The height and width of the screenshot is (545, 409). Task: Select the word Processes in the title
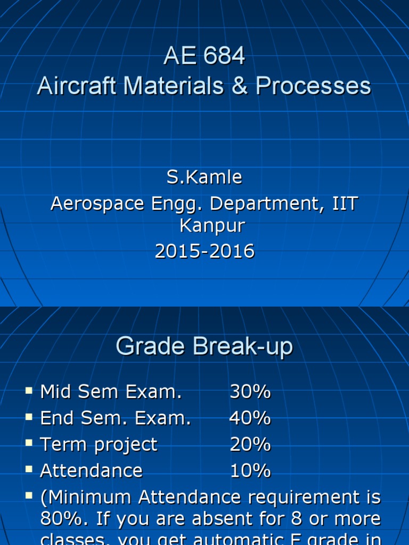coord(313,86)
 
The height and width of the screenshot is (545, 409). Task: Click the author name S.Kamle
coord(204,177)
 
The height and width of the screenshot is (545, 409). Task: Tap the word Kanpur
coord(212,226)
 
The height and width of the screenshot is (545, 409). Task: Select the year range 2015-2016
coord(204,251)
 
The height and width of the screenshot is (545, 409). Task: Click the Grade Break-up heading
coord(204,347)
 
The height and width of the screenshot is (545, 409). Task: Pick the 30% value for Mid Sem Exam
coord(250,392)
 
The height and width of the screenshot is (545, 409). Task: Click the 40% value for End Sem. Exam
coord(250,418)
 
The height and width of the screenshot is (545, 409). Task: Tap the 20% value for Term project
coord(250,444)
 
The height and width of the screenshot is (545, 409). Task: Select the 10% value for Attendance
coord(250,470)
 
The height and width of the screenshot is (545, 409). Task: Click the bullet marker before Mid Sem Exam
coord(29,391)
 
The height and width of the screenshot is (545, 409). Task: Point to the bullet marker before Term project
coord(29,443)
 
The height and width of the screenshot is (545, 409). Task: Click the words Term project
coord(99,445)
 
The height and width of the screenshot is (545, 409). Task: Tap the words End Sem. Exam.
coord(115,418)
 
